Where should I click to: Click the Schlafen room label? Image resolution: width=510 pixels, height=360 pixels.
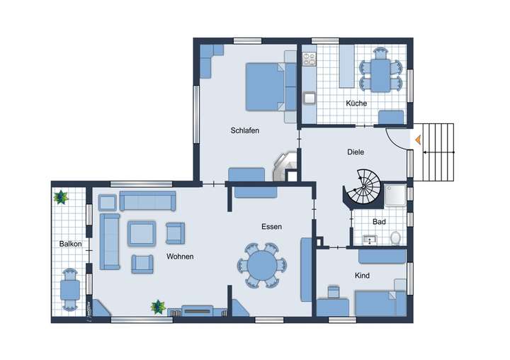[244, 130]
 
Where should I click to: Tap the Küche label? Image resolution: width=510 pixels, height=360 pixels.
[356, 103]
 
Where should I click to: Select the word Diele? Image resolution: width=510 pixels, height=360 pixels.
[356, 152]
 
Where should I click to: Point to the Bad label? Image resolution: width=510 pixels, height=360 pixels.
[378, 222]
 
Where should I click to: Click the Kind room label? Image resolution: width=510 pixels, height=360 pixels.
[363, 275]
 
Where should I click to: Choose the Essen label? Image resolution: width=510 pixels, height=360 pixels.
[271, 227]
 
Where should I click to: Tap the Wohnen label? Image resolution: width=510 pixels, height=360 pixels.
[180, 256]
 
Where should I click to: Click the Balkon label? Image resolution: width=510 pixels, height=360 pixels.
[70, 244]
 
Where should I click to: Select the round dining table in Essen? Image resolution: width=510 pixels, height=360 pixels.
[262, 266]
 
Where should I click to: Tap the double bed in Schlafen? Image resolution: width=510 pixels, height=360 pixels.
[270, 86]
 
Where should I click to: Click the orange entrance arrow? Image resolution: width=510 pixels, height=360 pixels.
[418, 140]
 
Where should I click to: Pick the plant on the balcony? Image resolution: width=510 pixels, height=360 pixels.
[62, 196]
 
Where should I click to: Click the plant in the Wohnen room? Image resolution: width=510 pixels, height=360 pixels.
[157, 306]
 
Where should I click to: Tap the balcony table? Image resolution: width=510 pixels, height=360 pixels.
[69, 289]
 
